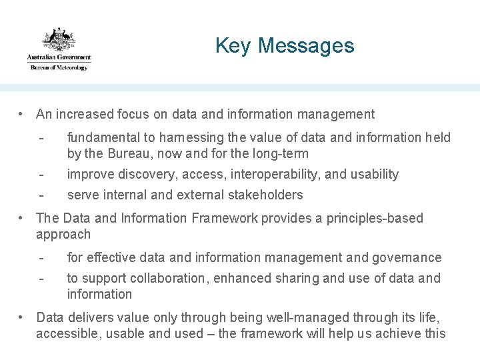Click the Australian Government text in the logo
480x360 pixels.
point(59,57)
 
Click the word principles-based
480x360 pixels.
point(375,219)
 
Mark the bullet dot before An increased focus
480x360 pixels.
point(23,115)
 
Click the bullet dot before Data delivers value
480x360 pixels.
point(23,317)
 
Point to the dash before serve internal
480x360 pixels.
point(41,195)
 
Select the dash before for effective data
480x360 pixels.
point(41,258)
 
